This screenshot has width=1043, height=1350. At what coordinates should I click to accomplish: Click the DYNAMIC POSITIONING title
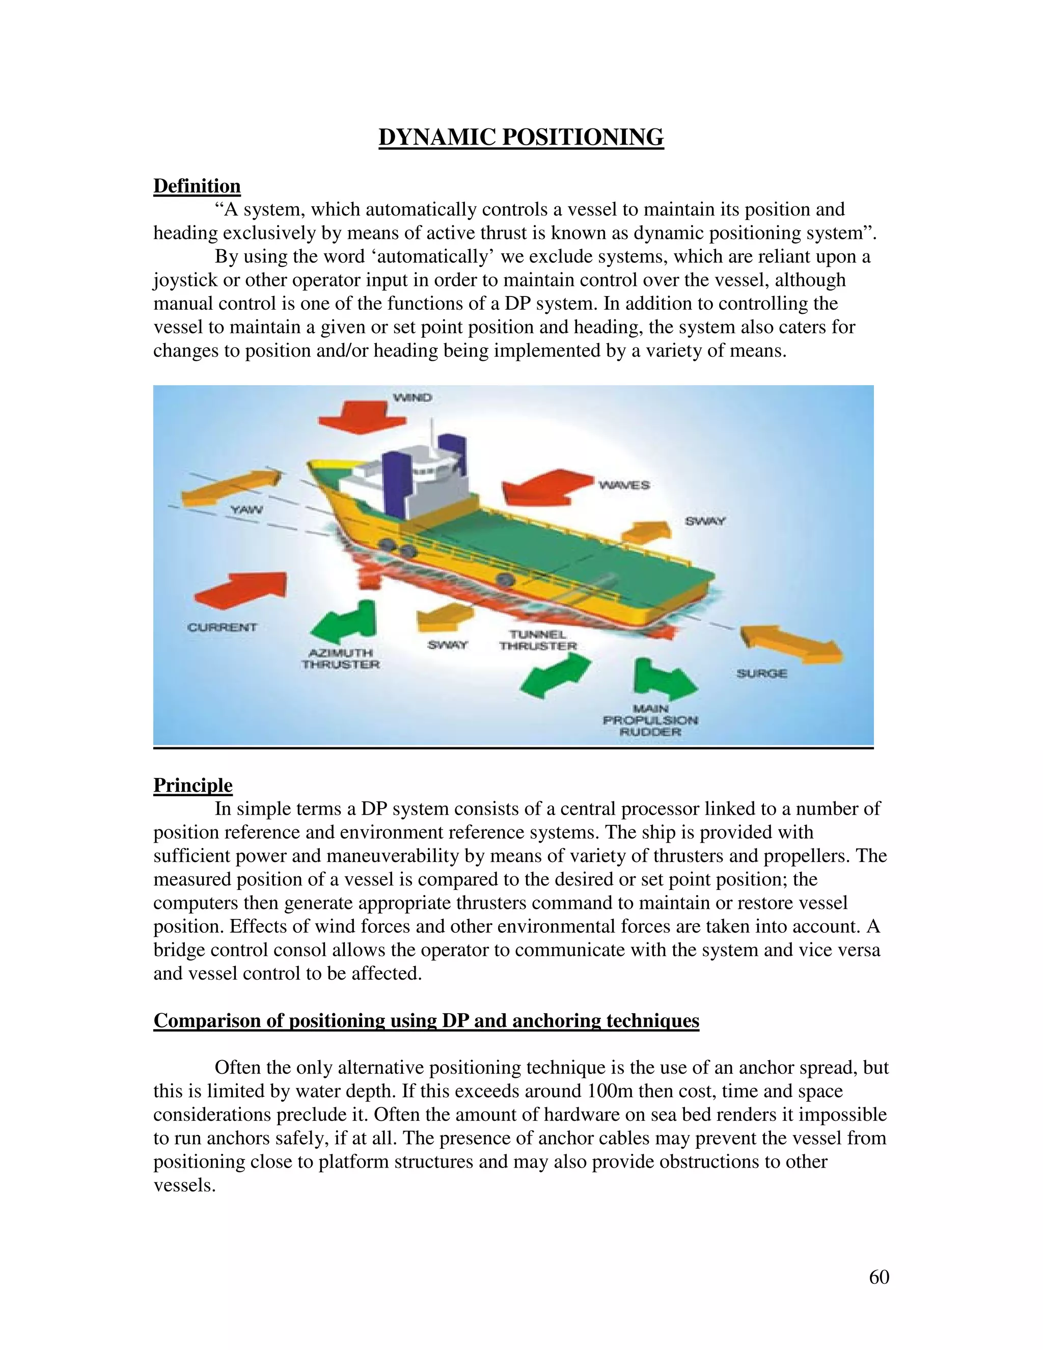[521, 137]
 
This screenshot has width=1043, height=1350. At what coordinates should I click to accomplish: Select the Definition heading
[197, 186]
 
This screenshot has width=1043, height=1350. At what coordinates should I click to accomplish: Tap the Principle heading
[193, 785]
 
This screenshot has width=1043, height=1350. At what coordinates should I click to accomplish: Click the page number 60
[879, 1277]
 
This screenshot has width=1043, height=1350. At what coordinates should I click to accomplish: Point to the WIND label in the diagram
[413, 397]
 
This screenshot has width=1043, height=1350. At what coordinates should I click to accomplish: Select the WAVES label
[624, 485]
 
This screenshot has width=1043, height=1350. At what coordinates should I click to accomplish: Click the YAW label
[246, 510]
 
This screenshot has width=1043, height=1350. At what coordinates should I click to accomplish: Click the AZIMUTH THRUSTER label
[341, 659]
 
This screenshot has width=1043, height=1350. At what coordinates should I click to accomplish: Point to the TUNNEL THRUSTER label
[538, 640]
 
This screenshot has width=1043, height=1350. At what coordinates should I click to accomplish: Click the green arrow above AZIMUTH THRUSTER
[346, 621]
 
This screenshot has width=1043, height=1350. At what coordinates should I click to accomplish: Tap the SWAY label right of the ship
[705, 522]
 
